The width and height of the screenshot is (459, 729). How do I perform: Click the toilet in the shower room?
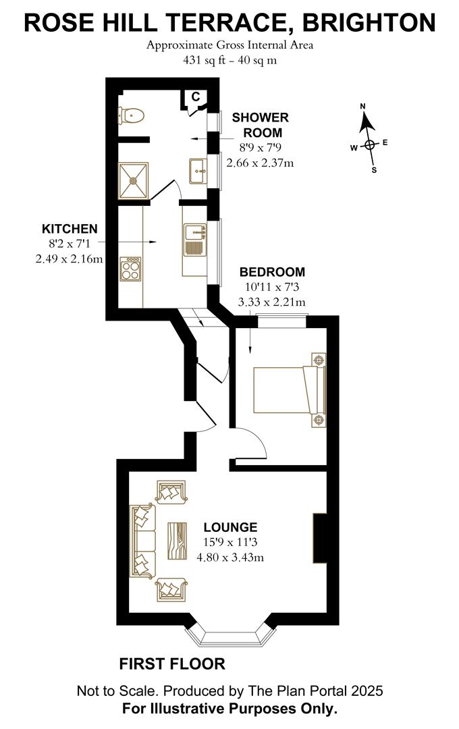coord(130,116)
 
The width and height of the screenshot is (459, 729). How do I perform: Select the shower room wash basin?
coord(198,171)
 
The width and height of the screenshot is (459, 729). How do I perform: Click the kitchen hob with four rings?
coord(130,269)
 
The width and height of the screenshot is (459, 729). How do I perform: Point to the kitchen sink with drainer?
coord(194,240)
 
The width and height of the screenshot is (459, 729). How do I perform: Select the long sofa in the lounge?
coord(142,541)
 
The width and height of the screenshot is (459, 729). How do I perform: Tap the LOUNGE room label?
coord(231,527)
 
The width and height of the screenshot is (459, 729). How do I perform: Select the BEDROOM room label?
coord(272,272)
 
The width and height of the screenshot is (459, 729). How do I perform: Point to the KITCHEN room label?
coord(70,228)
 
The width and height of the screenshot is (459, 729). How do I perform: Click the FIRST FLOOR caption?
coord(172,664)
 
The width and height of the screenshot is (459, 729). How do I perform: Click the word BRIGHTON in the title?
coord(369,23)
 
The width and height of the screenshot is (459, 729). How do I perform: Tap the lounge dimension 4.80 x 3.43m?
coord(230,558)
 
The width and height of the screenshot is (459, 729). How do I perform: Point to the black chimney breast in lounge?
coord(319,537)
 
